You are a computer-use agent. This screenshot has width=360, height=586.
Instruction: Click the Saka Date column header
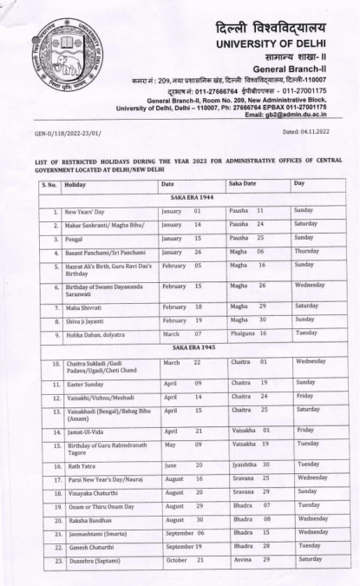245,184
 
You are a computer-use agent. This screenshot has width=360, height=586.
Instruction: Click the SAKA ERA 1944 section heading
183,198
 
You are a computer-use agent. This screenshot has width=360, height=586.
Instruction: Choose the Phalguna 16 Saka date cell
245,333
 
